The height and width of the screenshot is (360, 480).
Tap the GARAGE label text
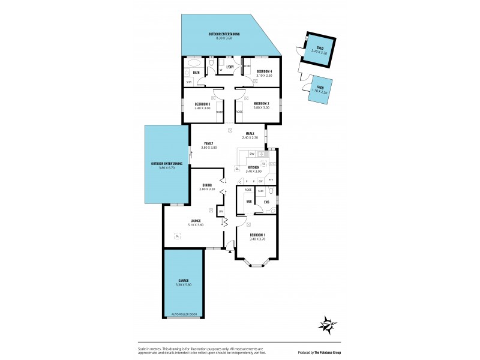click(x=184, y=280)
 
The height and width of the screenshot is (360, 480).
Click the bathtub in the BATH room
click(x=194, y=62)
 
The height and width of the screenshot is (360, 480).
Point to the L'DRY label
click(x=229, y=67)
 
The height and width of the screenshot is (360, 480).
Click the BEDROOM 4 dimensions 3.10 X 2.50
click(x=264, y=76)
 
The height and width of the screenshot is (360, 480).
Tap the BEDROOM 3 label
click(x=202, y=104)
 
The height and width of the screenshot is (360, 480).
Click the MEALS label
click(x=250, y=133)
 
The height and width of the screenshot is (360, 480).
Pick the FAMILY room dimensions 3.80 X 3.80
click(x=209, y=148)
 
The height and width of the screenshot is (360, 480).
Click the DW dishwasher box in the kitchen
click(x=252, y=154)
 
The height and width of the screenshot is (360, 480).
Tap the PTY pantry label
click(x=271, y=180)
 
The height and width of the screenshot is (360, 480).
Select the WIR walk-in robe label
click(x=248, y=202)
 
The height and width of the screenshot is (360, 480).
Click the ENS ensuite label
click(x=266, y=202)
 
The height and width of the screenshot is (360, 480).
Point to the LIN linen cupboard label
click(x=221, y=211)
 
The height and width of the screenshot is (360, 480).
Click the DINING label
click(x=206, y=185)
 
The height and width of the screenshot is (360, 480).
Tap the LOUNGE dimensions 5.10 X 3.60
click(x=196, y=225)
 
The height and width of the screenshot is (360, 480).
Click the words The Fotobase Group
click(x=328, y=352)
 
